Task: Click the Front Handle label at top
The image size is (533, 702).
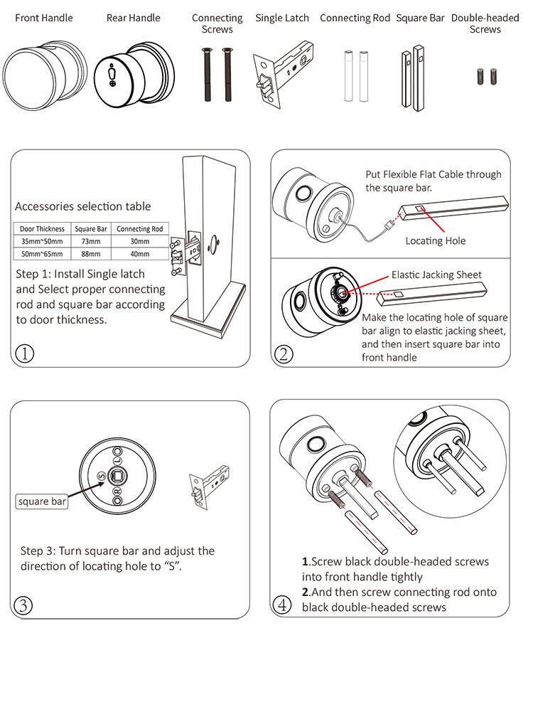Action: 44,18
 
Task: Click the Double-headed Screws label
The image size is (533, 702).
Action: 485,23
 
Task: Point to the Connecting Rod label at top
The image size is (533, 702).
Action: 355,18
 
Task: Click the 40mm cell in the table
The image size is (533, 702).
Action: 140,253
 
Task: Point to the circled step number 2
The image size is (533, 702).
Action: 283,353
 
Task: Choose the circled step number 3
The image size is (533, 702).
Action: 23,605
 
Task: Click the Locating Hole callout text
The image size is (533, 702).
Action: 436,241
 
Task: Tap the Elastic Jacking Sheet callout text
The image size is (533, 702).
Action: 436,275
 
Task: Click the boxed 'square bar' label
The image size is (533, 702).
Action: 43,501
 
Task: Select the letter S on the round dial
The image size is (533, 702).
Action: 101,476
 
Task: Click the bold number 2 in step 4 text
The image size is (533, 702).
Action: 305,592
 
